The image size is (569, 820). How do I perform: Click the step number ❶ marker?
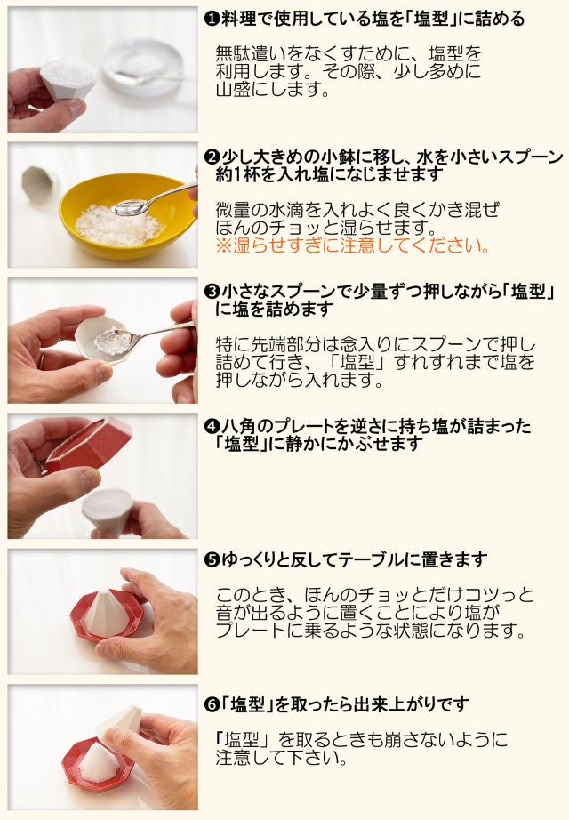coord(211,20)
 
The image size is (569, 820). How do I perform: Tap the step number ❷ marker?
coord(211,157)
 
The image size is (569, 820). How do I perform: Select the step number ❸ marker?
coord(211,292)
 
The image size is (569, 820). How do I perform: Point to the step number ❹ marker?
coord(211,426)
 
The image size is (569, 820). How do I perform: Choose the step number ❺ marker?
coord(211,560)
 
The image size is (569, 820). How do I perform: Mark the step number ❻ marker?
coord(211,705)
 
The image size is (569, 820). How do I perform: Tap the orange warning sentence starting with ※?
coord(353,245)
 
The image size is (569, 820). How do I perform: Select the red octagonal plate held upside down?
coord(89,445)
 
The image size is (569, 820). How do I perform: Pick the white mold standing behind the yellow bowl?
coord(39,185)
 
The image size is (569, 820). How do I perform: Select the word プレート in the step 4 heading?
coord(299,426)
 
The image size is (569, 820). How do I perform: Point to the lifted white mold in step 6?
coord(120,723)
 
